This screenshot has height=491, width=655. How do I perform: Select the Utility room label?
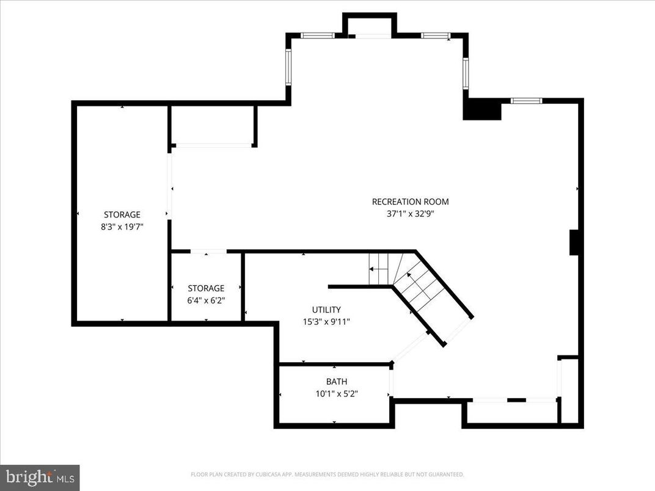326,310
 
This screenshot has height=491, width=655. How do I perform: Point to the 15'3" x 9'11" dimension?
326,321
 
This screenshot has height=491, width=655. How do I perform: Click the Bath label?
336,382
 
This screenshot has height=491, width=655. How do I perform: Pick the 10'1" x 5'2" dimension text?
336,394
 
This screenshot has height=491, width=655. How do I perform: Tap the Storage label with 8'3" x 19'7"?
122,214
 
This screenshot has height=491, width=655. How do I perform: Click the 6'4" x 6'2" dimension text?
206,300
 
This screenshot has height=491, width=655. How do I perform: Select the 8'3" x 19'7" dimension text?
122,226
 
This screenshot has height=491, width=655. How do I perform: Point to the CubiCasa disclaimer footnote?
327,474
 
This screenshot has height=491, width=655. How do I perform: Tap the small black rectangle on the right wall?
574,242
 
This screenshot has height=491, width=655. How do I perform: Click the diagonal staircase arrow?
419,286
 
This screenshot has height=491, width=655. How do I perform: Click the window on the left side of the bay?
288,67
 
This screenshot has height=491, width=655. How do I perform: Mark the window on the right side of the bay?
465,73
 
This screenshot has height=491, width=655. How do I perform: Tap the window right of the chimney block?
526,100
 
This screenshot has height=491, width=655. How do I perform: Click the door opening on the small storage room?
208,252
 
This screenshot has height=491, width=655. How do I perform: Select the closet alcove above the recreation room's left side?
212,125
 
